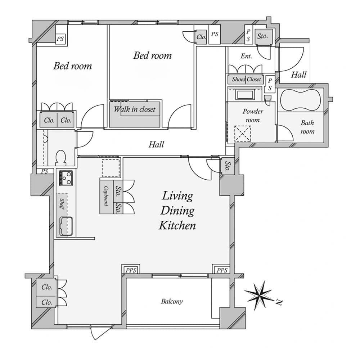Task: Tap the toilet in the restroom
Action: [61, 158]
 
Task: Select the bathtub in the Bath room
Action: [301, 100]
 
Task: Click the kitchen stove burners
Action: [66, 178]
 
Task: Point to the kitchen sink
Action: [66, 226]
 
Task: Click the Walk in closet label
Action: [135, 109]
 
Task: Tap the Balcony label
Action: [172, 301]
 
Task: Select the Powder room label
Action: [253, 116]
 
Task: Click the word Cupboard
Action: [106, 196]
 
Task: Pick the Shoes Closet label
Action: [246, 79]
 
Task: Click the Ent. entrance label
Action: [246, 56]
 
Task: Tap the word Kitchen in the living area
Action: [177, 225]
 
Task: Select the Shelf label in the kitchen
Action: [62, 204]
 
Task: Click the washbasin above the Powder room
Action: [246, 95]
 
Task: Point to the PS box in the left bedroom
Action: [60, 39]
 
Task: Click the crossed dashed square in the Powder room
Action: [242, 134]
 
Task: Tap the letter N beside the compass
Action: [279, 303]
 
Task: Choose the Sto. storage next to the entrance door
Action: [262, 36]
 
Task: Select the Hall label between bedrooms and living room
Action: [156, 144]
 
